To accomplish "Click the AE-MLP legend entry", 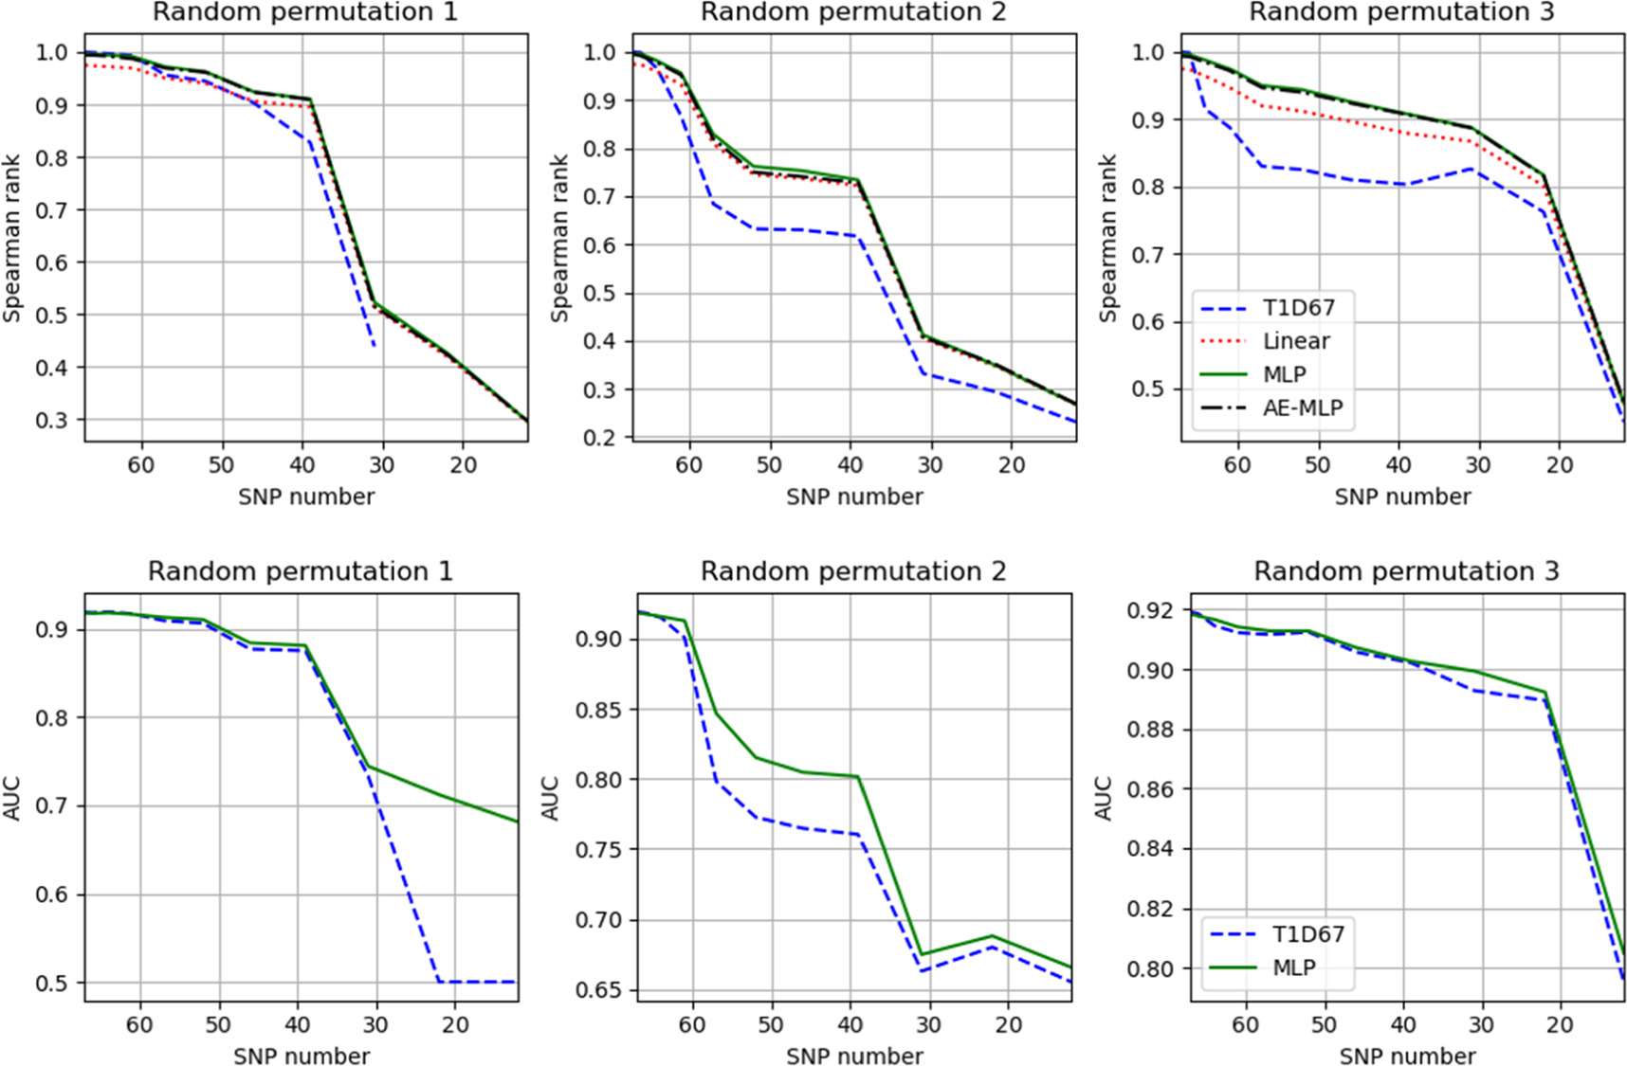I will coord(1302,408).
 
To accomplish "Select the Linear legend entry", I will coord(1295,341).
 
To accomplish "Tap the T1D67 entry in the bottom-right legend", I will coord(1307,934).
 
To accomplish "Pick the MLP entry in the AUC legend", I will coord(1293,967).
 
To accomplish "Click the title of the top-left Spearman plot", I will coord(304,12).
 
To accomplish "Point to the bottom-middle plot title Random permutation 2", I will coord(853,571).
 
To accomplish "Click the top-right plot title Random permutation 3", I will coord(1402,12).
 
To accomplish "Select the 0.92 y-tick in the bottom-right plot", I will coord(1150,610).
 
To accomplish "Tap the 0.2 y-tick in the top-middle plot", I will coord(599,438).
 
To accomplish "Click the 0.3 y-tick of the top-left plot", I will coord(51,420).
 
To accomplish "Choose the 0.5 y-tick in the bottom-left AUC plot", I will coord(51,984).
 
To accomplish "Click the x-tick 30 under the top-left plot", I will coord(382,465).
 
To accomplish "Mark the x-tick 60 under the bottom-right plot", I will coord(1245,1025).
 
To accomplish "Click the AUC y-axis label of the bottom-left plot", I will coord(12,798).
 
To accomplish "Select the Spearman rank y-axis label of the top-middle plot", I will coord(560,238).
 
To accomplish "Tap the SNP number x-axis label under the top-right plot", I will coord(1402,497).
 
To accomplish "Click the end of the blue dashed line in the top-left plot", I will coord(375,346).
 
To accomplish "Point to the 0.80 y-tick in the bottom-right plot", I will coord(1150,968).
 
